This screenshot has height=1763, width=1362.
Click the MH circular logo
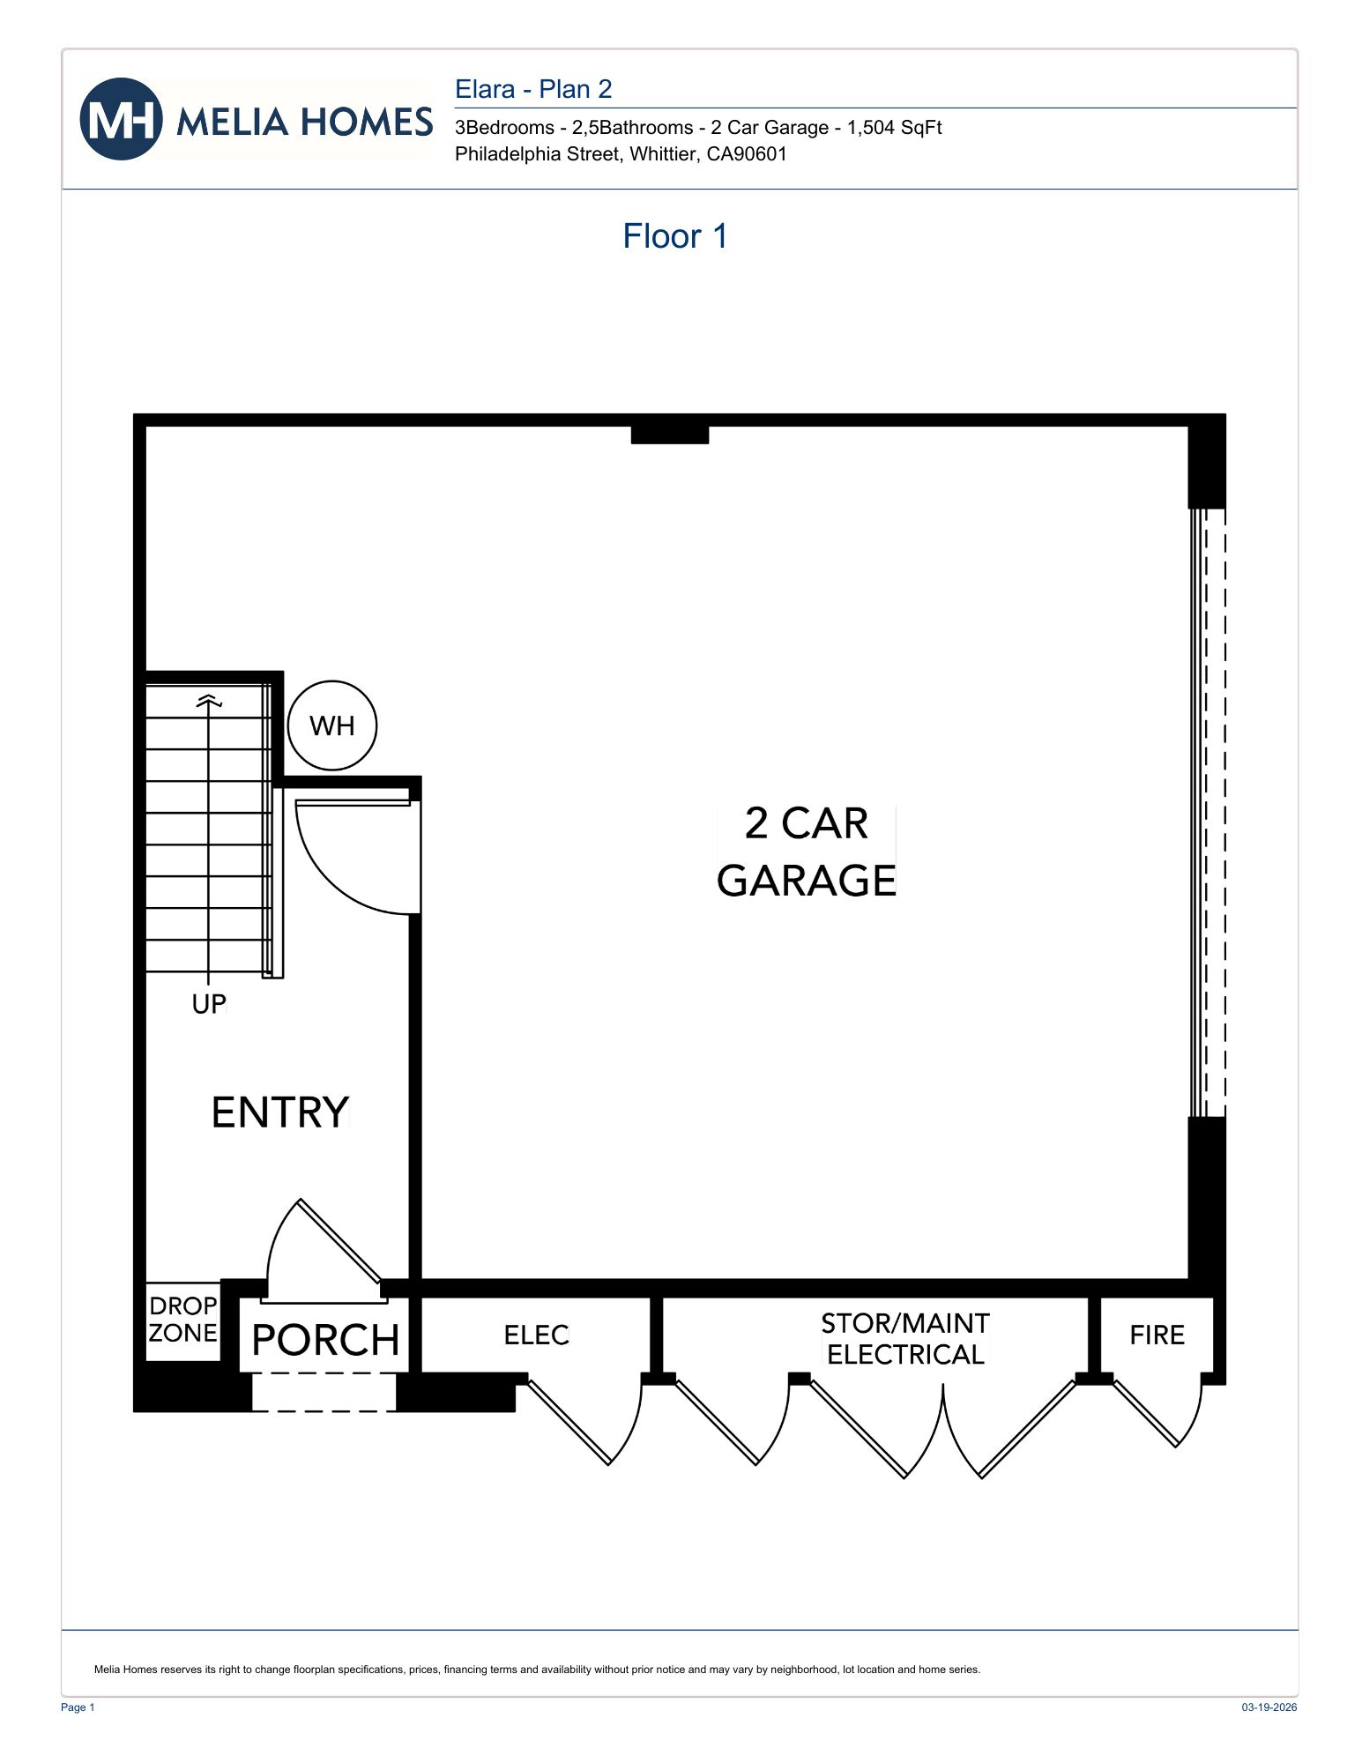pyautogui.click(x=121, y=119)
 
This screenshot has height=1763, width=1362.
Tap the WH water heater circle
pyautogui.click(x=332, y=725)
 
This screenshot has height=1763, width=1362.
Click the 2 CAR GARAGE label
pyautogui.click(x=806, y=852)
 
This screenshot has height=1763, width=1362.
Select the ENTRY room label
pyautogui.click(x=280, y=1112)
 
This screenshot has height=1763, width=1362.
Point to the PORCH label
pyautogui.click(x=325, y=1341)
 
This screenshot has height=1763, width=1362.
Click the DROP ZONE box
pyautogui.click(x=182, y=1320)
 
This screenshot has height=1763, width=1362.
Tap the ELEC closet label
pyautogui.click(x=536, y=1335)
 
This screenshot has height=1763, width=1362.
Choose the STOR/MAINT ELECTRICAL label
pyautogui.click(x=905, y=1339)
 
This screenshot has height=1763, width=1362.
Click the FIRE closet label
pyautogui.click(x=1157, y=1335)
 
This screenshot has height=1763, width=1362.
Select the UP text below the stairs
pyautogui.click(x=209, y=1004)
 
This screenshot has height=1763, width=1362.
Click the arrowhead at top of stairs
pyautogui.click(x=209, y=701)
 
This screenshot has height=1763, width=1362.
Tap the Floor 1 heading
pyautogui.click(x=674, y=236)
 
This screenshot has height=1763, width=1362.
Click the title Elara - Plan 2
pyautogui.click(x=532, y=89)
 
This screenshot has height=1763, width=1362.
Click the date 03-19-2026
pyautogui.click(x=1269, y=1707)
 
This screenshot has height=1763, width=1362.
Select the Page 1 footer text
pyautogui.click(x=78, y=1707)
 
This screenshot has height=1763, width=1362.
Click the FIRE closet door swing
pyautogui.click(x=1164, y=1410)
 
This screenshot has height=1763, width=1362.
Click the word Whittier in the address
pyautogui.click(x=662, y=154)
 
